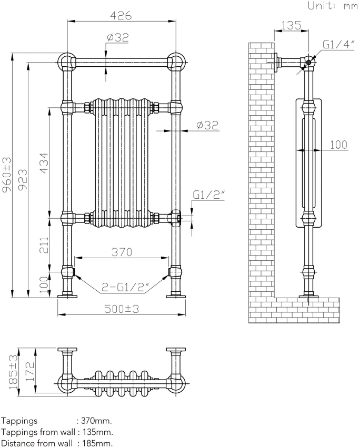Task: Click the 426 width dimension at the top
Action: click(121, 15)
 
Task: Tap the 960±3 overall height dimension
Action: click(6, 176)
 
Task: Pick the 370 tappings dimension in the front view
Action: click(121, 252)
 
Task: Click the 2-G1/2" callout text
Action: click(126, 288)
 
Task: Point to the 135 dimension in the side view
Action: click(291, 25)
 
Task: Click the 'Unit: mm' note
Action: click(332, 6)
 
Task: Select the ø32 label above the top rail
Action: click(117, 37)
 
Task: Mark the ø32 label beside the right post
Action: click(207, 125)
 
